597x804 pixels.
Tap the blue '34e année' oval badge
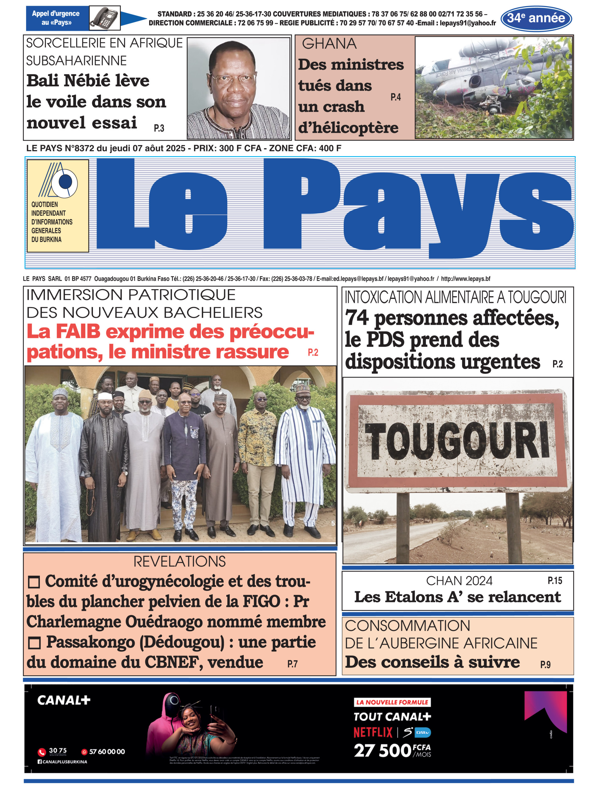point(536,19)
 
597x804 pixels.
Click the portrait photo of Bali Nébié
point(239,88)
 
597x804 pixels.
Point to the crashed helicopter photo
point(494,88)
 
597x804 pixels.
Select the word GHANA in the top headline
point(329,44)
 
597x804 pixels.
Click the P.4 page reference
point(396,97)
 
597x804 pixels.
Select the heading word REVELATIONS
point(179,562)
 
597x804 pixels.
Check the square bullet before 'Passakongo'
point(34,643)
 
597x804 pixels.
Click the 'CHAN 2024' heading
point(459,581)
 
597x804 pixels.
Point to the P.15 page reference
point(555,581)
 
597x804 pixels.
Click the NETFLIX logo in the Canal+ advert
point(373,732)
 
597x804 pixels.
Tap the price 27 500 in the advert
point(382,751)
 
